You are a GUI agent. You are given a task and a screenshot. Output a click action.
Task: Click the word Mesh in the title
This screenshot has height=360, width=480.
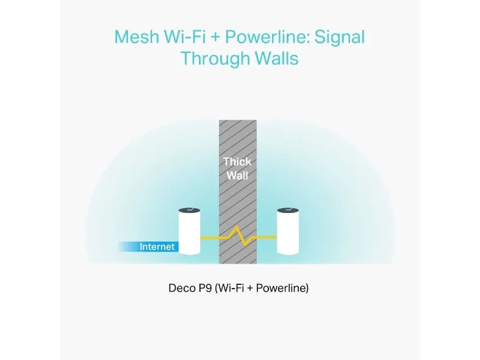tap(137, 37)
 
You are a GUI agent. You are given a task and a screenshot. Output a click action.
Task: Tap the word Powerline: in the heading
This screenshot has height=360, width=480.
tap(267, 37)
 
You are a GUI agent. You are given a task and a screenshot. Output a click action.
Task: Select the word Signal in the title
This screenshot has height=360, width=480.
tap(340, 38)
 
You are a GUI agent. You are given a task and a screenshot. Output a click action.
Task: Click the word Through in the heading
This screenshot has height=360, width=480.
tap(215, 58)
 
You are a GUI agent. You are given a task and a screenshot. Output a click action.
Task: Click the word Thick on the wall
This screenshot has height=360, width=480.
tap(237, 162)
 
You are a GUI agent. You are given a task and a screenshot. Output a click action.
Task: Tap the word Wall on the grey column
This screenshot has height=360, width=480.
tap(237, 175)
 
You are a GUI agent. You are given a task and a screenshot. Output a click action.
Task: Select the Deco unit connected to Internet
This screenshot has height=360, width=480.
tap(190, 231)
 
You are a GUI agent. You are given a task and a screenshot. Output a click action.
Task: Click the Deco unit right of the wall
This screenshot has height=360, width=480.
tap(288, 231)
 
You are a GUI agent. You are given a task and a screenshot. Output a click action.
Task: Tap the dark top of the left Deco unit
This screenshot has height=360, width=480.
tap(190, 211)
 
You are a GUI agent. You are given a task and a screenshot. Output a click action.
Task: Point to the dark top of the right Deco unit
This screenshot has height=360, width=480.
tap(288, 211)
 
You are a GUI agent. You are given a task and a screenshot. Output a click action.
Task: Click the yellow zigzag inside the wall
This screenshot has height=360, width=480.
tap(238, 236)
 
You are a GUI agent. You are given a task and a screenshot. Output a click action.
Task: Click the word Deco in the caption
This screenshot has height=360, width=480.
tap(181, 288)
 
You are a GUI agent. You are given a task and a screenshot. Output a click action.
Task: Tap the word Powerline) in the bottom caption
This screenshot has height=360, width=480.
tap(282, 288)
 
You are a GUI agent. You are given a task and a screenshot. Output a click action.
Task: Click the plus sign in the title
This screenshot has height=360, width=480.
tap(215, 37)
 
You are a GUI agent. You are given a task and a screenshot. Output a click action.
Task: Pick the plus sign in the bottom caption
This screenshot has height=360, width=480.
tap(250, 289)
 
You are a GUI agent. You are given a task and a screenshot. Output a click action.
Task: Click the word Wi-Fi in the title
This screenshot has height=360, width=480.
tap(185, 37)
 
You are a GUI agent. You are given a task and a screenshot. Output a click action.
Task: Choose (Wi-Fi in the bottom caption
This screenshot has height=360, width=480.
tap(229, 288)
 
